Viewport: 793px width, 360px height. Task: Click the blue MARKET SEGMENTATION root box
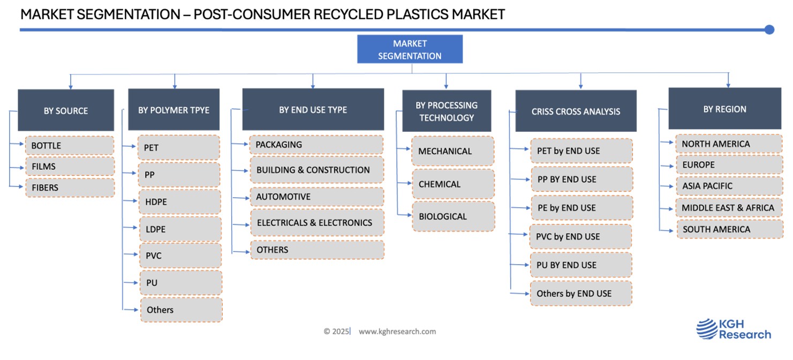(410, 49)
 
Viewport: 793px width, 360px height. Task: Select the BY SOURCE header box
(66, 110)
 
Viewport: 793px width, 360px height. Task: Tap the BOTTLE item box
(70, 146)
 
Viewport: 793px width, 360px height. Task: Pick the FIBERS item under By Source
(70, 187)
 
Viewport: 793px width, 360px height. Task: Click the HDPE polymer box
(180, 201)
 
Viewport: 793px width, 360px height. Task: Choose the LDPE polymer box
(180, 229)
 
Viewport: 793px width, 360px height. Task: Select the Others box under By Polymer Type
(182, 310)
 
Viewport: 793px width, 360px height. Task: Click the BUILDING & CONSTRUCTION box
(317, 170)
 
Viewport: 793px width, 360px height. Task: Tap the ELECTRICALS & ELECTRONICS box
(317, 222)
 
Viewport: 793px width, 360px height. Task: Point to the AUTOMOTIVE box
(317, 197)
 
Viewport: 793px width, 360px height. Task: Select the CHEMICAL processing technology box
(454, 184)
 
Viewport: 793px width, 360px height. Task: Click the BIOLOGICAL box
(454, 216)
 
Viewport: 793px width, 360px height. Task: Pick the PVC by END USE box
(580, 236)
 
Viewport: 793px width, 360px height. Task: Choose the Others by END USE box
(581, 294)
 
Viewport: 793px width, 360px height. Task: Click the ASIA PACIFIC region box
(730, 186)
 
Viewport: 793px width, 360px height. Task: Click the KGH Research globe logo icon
(707, 329)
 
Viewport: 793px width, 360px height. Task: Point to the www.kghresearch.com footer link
(397, 332)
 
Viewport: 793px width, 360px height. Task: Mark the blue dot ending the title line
(769, 30)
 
